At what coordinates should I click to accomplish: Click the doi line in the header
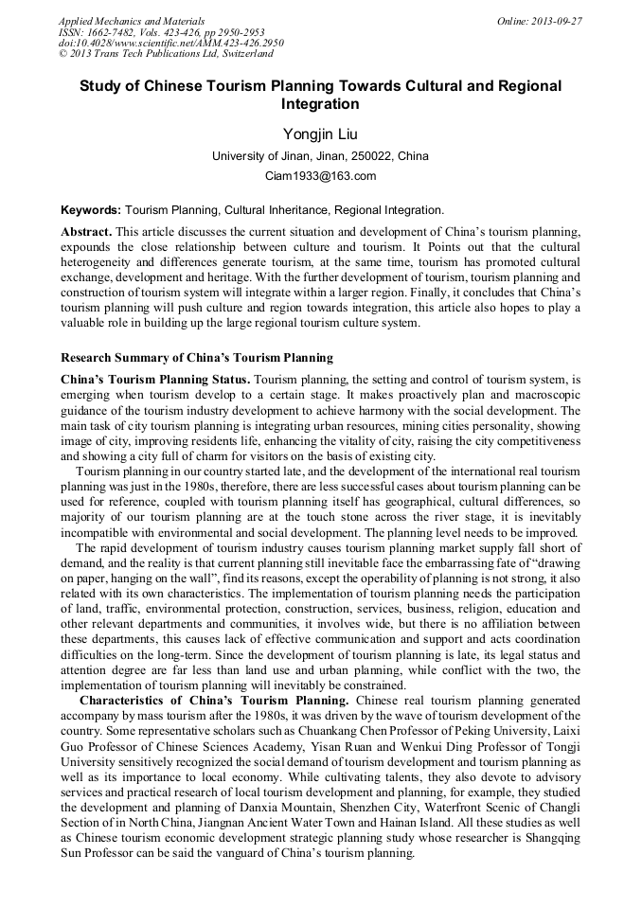[170, 43]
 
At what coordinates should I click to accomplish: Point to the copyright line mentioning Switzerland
[166, 54]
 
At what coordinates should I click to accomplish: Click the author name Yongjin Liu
[320, 134]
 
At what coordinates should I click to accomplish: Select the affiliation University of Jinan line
[320, 156]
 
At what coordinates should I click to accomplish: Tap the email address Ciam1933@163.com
[320, 176]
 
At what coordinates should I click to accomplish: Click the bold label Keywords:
[91, 209]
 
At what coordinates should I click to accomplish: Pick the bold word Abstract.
[86, 232]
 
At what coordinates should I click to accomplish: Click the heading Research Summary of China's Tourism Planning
[197, 358]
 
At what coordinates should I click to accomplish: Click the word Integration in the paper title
[320, 104]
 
